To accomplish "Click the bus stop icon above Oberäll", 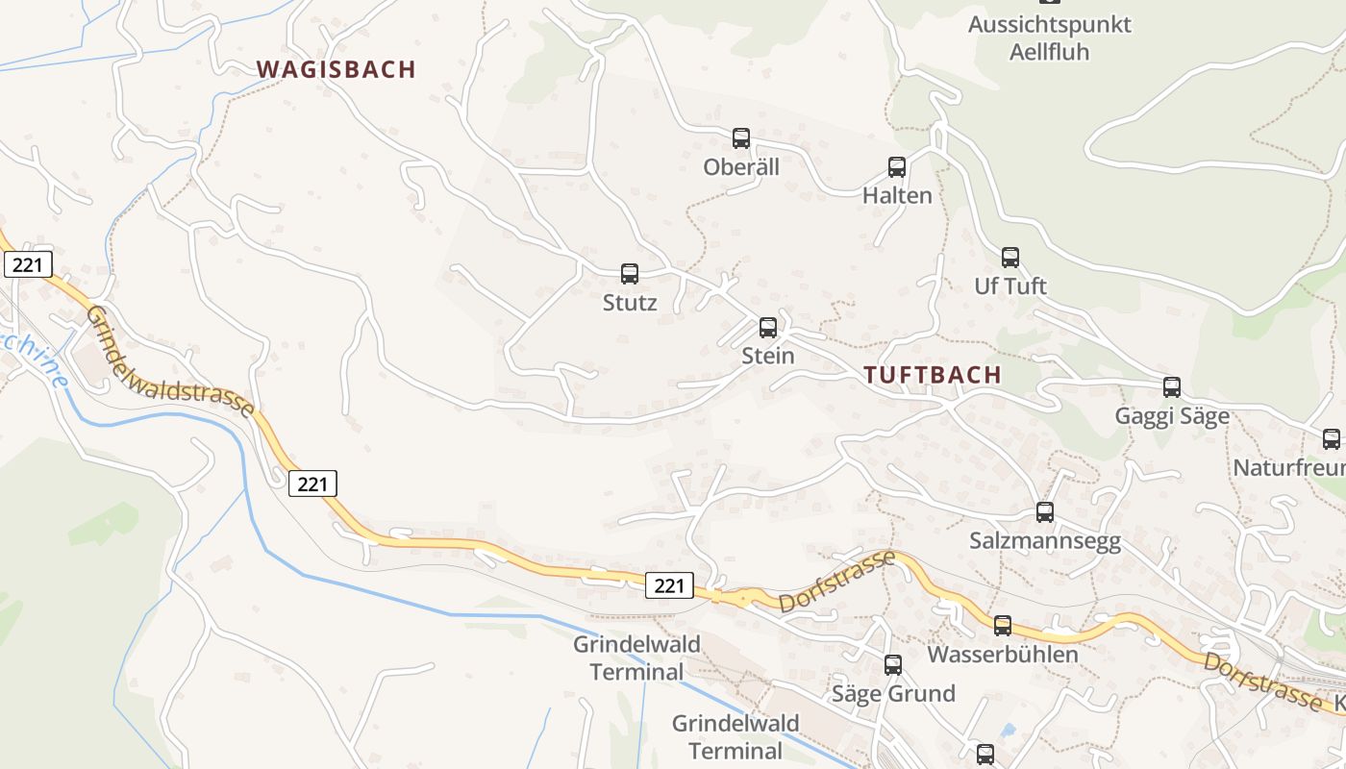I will coord(740,138).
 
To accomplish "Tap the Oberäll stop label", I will coord(740,167).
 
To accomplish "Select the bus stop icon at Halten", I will coord(897,167).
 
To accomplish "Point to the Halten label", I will coord(897,196).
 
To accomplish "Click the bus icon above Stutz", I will coord(630,274).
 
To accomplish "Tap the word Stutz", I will coord(630,303).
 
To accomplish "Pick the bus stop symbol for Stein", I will coord(768,328).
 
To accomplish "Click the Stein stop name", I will coord(768,356).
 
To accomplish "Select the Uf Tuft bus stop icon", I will coord(1010,258).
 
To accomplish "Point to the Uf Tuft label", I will coord(1010,286).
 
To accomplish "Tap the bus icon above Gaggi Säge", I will coord(1172,387).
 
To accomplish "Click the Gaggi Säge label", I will coord(1172,416).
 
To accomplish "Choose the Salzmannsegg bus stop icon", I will coord(1045,512).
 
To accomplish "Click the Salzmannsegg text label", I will coord(1045,541).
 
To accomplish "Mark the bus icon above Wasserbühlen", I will coord(1003,626).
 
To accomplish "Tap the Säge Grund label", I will coord(893,693).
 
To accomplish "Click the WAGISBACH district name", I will coord(336,69).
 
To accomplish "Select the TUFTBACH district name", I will coord(933,375).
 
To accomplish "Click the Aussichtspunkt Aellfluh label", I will coord(1049,37).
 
